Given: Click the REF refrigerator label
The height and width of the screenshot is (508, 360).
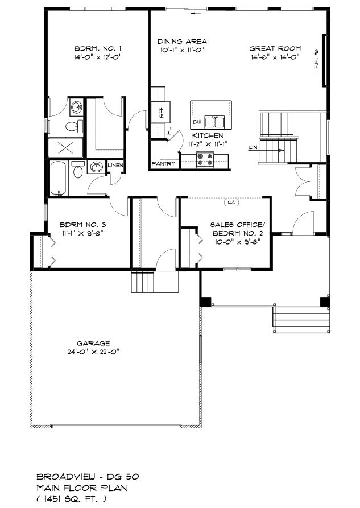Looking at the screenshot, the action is (x=161, y=112).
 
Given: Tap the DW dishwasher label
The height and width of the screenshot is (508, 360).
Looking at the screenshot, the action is (x=197, y=122).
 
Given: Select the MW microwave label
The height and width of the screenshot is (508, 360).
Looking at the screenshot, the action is (x=169, y=131).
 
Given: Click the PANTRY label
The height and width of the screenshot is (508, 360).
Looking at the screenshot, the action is (x=164, y=164).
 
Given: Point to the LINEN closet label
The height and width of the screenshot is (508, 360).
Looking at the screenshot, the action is (x=115, y=165).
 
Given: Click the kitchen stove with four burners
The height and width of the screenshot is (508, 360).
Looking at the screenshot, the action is (x=205, y=160).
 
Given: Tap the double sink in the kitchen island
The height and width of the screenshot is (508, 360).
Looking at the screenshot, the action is (x=214, y=122).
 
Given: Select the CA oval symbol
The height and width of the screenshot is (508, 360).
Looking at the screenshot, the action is (x=231, y=203).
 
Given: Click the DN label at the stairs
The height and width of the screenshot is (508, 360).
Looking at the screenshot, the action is (x=254, y=148).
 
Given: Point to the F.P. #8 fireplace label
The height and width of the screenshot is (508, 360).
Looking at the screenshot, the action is (x=316, y=59).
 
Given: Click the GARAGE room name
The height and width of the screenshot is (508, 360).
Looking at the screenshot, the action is (x=93, y=343).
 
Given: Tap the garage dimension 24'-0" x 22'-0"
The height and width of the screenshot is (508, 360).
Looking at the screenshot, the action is (x=94, y=352).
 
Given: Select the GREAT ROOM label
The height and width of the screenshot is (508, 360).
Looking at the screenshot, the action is (x=275, y=48).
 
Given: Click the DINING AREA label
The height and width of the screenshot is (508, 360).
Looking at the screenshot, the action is (x=182, y=42).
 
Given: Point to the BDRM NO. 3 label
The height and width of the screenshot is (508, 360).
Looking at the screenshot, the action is (x=82, y=225).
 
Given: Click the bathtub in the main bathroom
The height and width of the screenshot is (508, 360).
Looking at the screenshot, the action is (x=59, y=179).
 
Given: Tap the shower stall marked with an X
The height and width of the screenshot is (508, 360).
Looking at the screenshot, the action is (x=66, y=148).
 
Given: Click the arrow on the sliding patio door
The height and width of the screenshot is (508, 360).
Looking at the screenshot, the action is (x=196, y=14).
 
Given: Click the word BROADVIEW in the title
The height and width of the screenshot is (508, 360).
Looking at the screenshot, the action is (x=66, y=477).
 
